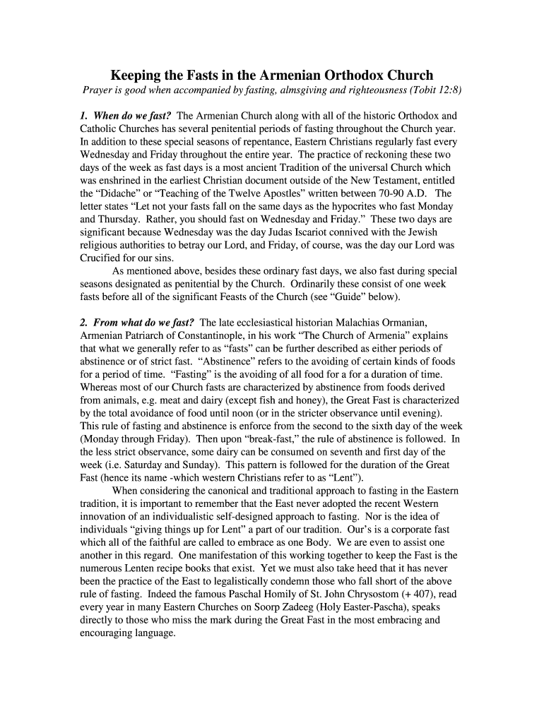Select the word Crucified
(103, 258)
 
